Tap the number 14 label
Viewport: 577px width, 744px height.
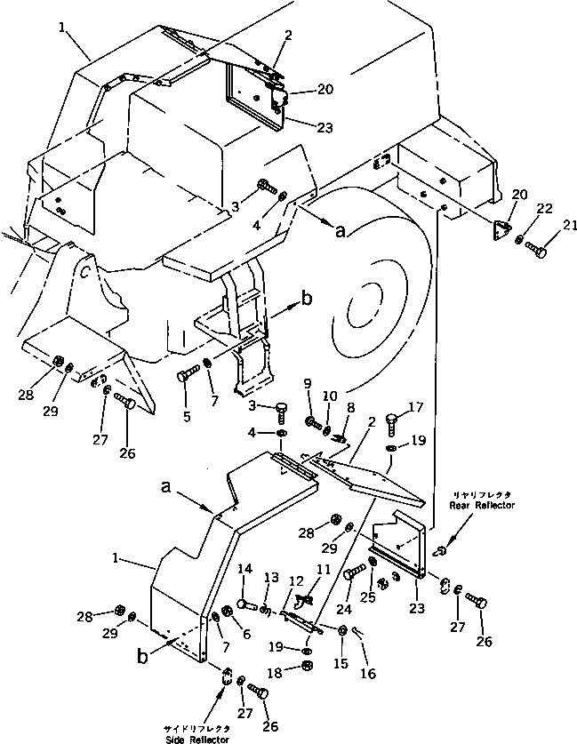point(245,570)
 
